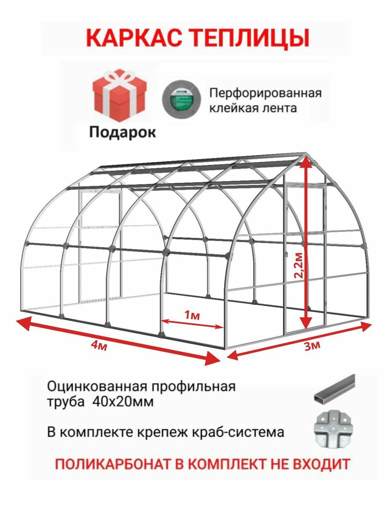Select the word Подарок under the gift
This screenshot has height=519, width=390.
pos(123,132)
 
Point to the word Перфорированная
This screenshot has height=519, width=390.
pos(265,93)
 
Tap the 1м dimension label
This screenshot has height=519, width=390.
pos(192,315)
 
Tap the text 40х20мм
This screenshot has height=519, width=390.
pos(123,402)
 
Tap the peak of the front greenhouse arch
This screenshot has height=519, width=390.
pos(305,154)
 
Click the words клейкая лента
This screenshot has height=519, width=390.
pos(253,108)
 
